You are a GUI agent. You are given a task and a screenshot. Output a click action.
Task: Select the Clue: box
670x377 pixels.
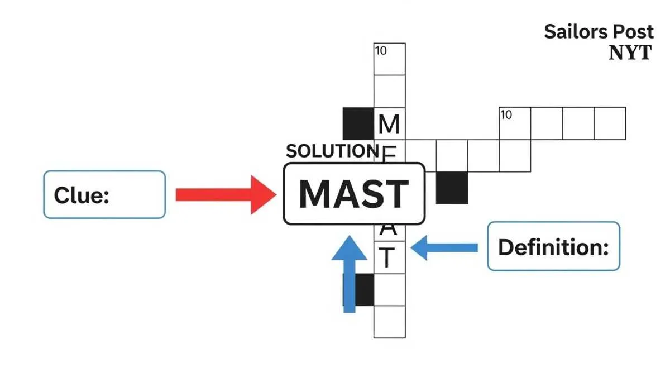point(104,194)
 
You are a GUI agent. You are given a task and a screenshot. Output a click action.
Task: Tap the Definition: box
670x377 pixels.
point(553,246)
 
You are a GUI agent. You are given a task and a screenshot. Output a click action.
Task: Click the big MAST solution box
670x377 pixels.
point(354,194)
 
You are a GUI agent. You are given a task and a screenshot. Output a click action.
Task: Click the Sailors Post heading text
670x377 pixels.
point(599,32)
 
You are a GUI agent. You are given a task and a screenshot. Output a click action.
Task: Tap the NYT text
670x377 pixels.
point(630,53)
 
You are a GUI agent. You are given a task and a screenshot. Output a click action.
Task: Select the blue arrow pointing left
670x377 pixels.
point(444,247)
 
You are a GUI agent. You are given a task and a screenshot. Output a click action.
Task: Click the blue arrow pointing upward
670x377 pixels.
point(350,274)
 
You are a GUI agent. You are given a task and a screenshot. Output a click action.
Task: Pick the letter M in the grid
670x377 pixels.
point(389,124)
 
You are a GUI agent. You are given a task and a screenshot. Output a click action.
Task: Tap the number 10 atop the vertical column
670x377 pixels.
point(381,51)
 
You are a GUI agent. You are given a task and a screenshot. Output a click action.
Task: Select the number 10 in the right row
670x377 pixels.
point(506,115)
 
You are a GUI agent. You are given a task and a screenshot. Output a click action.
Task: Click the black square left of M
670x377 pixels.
point(358,123)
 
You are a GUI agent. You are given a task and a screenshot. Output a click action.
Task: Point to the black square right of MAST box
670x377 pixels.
point(452,188)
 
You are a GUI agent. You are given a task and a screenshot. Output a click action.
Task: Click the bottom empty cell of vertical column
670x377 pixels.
point(389,322)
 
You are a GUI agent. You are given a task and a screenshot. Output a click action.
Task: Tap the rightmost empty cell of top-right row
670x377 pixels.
point(610,123)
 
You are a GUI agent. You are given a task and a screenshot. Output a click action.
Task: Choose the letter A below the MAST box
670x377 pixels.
point(389,229)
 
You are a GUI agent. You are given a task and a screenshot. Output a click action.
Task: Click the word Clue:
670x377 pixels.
point(81,195)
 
